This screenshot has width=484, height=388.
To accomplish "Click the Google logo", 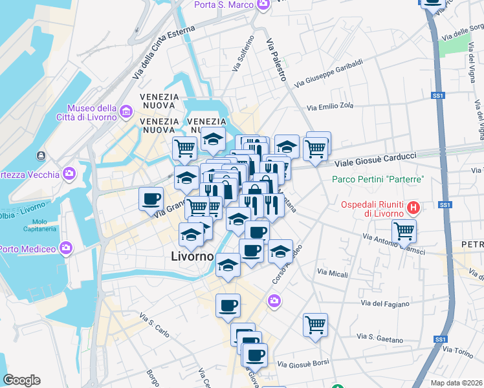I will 22,380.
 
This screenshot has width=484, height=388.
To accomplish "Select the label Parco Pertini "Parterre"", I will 378,179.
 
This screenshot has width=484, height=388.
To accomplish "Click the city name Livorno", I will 192,256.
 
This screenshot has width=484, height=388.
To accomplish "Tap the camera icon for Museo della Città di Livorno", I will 125,114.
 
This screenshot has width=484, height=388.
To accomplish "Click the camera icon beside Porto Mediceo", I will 65,248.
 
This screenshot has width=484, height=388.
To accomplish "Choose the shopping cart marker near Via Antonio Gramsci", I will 404,231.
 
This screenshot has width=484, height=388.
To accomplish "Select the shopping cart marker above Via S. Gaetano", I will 315,325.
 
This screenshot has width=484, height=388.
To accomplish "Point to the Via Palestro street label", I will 276,58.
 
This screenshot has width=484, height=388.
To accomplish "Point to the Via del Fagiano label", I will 383,303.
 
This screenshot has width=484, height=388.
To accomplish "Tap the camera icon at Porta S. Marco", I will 263,5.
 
